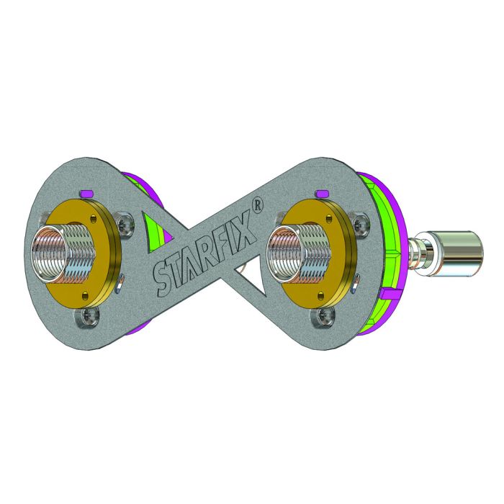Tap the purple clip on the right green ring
click(x=392, y=294)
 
